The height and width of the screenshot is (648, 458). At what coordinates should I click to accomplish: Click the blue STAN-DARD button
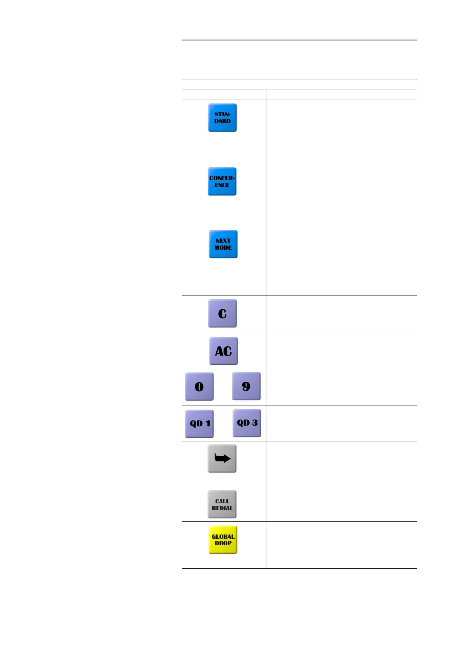tap(222, 118)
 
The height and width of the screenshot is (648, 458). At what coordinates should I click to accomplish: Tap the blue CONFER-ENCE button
tap(222, 182)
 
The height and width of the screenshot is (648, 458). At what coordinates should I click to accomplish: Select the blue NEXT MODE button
tap(223, 244)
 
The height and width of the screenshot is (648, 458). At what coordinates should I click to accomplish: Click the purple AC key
tap(224, 351)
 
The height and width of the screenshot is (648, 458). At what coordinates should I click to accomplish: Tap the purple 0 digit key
tap(199, 387)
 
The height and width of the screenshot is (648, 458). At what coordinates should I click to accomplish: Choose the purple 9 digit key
tap(246, 386)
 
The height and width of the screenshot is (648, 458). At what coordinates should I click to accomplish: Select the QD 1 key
tap(199, 424)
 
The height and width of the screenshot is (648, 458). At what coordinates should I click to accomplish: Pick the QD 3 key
tap(247, 423)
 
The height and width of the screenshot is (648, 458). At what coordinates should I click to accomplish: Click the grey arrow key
tap(222, 459)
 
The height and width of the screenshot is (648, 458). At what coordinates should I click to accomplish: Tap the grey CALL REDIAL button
tap(222, 504)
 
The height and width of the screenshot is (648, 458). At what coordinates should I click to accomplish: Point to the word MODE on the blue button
tap(223, 248)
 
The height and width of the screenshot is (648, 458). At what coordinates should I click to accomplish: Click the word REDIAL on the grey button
tap(222, 508)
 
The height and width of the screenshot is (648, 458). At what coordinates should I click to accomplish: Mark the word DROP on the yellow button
tap(223, 543)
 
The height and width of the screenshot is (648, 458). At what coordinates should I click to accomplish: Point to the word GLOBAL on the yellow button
tap(223, 537)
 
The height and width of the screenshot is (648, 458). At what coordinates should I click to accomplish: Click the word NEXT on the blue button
tap(223, 241)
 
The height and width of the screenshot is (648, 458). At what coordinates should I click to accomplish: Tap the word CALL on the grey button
tap(222, 501)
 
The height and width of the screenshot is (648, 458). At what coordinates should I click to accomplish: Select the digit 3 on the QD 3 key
tap(255, 423)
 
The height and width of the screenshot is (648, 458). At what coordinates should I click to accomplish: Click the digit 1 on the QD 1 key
tap(208, 424)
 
